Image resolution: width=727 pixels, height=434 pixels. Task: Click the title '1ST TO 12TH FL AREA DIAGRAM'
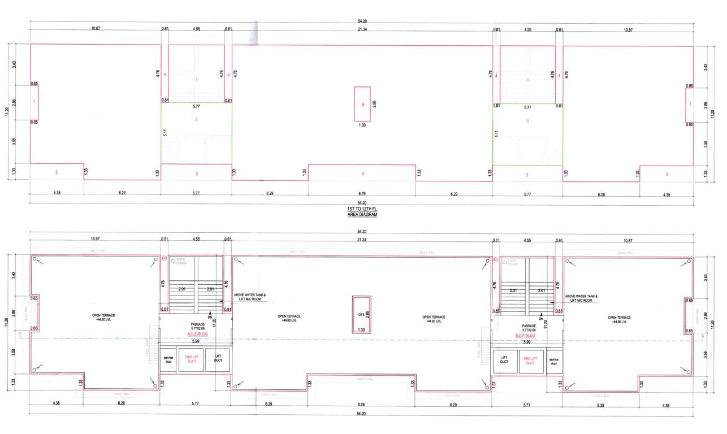[362, 212]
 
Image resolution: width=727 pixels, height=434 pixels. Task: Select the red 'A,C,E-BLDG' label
[196, 334]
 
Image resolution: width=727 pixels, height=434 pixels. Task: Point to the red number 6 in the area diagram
[362, 105]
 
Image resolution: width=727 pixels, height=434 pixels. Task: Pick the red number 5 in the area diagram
[362, 173]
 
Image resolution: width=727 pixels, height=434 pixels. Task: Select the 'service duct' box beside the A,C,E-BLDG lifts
[168, 360]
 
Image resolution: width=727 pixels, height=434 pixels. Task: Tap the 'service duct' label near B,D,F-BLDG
[554, 360]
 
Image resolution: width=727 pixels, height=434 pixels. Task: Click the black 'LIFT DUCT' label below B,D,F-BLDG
[504, 360]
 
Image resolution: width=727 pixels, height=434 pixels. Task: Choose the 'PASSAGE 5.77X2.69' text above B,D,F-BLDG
[529, 327]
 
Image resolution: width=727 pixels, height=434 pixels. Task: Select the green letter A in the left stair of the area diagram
[197, 80]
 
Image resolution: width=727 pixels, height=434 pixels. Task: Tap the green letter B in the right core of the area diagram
[527, 120]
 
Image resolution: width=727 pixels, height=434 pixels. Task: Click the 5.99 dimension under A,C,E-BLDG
[196, 341]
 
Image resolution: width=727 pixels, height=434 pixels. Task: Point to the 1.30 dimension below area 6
[362, 125]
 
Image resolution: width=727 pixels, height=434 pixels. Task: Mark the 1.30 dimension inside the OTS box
[361, 329]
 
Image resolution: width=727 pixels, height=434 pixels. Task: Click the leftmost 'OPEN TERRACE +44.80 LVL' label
[102, 318]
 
